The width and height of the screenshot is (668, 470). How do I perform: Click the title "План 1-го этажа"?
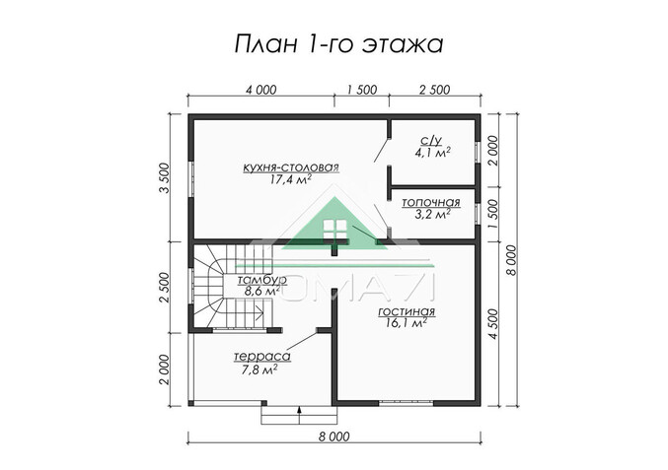coord(334,43)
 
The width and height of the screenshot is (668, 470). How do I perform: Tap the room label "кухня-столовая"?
coord(290,168)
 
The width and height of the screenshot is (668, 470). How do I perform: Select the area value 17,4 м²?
coord(290,181)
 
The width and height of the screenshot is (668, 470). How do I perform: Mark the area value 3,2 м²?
coord(431,213)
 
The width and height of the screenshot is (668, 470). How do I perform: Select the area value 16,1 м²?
coord(406,322)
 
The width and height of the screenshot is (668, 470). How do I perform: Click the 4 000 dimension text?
coord(260,90)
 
